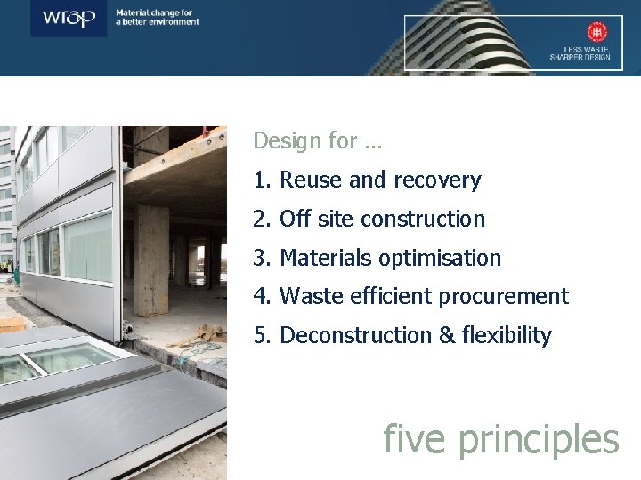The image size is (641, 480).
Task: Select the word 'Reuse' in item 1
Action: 308,180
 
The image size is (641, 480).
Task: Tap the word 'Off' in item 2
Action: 294,219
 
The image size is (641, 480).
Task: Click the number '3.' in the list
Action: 262,258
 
